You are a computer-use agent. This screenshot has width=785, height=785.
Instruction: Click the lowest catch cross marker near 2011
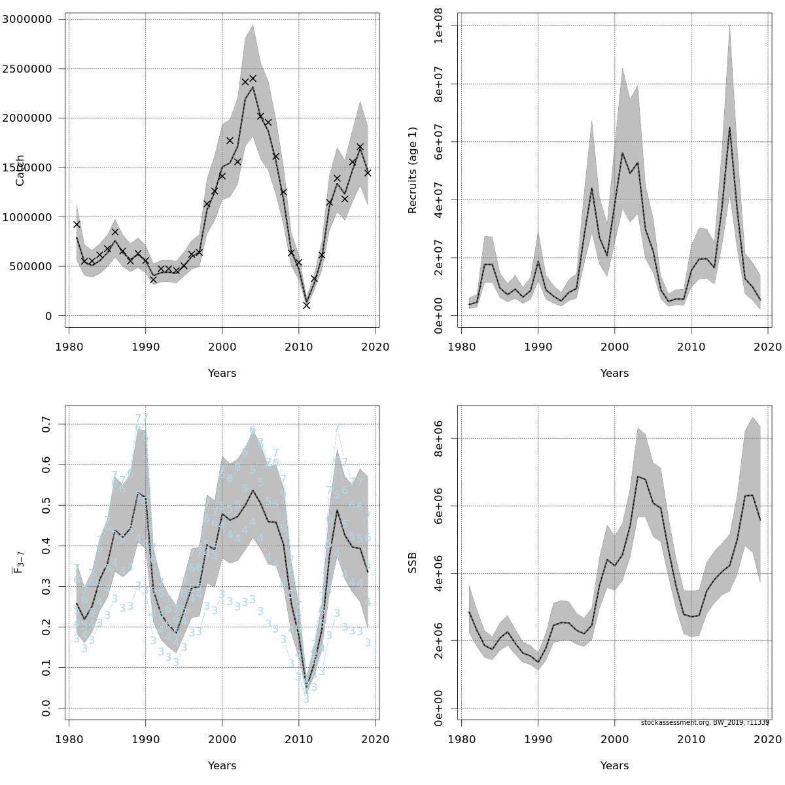click(306, 305)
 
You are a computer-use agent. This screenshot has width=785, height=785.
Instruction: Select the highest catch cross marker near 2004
click(253, 78)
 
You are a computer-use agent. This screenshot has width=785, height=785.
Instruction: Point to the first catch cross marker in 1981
click(77, 224)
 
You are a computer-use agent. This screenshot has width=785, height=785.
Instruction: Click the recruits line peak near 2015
click(729, 127)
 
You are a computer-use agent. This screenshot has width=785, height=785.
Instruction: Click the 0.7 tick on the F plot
click(46, 424)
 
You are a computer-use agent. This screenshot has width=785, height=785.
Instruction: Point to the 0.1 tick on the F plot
click(46, 667)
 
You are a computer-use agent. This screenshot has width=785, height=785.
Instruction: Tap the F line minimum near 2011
click(306, 689)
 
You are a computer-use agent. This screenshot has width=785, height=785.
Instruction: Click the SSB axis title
click(413, 563)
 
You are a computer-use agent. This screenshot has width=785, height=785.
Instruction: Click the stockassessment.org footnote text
click(705, 723)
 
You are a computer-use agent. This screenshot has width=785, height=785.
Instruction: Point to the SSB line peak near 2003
click(638, 476)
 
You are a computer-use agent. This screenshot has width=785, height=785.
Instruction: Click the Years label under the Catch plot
click(222, 374)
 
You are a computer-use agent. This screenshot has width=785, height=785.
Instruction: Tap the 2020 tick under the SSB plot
click(768, 739)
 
